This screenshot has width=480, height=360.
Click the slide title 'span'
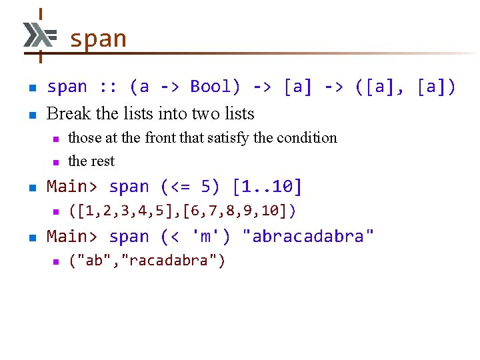pyautogui.click(x=97, y=39)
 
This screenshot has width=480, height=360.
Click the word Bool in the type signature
pyautogui.click(x=207, y=87)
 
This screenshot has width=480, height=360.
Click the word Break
pyautogui.click(x=69, y=113)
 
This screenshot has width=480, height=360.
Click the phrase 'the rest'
pyautogui.click(x=91, y=161)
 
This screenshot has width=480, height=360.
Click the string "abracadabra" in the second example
pyautogui.click(x=308, y=237)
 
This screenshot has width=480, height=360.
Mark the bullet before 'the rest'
pyautogui.click(x=57, y=162)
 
